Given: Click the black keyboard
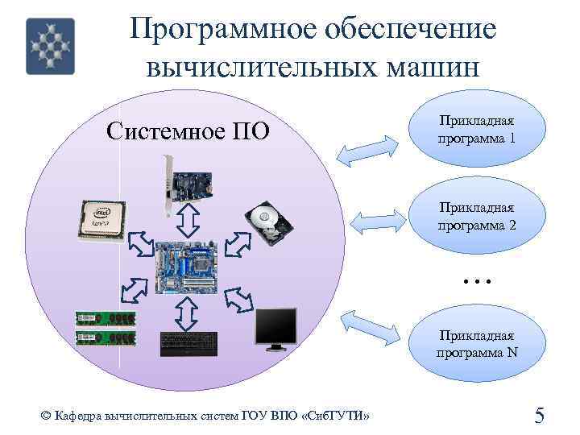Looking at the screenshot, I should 188,344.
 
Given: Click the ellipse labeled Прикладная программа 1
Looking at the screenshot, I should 477,129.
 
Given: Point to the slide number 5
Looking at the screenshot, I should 540,415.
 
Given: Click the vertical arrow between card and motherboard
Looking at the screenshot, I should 187,218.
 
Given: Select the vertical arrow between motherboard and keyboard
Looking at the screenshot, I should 187,313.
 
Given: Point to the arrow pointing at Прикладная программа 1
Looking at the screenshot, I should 368,149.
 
